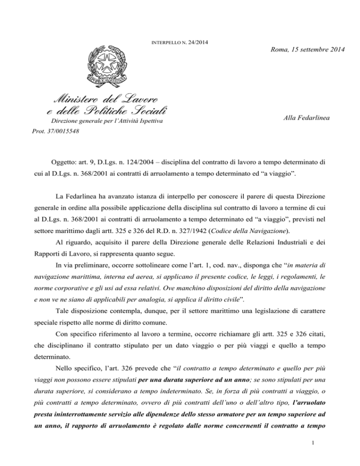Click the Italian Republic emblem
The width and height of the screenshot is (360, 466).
(111, 68)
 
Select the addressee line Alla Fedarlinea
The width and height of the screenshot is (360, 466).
(307, 120)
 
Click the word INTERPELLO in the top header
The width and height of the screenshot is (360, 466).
(168, 43)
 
